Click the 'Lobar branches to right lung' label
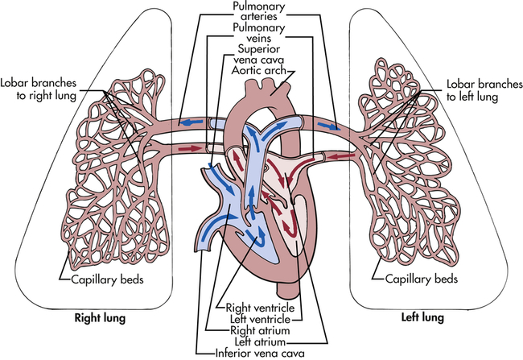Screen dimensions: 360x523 39,88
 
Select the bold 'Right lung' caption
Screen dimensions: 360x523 97,317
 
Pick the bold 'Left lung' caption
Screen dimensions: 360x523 424,317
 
